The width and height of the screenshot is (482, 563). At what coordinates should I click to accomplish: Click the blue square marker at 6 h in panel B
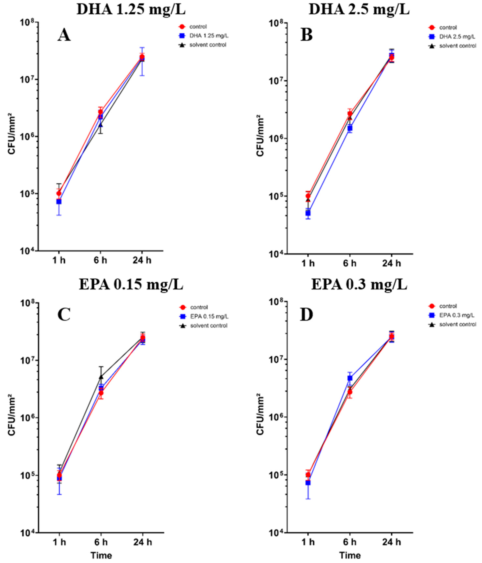pos(350,128)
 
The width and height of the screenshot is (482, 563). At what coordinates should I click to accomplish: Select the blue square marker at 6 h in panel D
pos(350,378)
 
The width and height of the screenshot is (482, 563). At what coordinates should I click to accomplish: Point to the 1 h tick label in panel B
pos(308,264)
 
